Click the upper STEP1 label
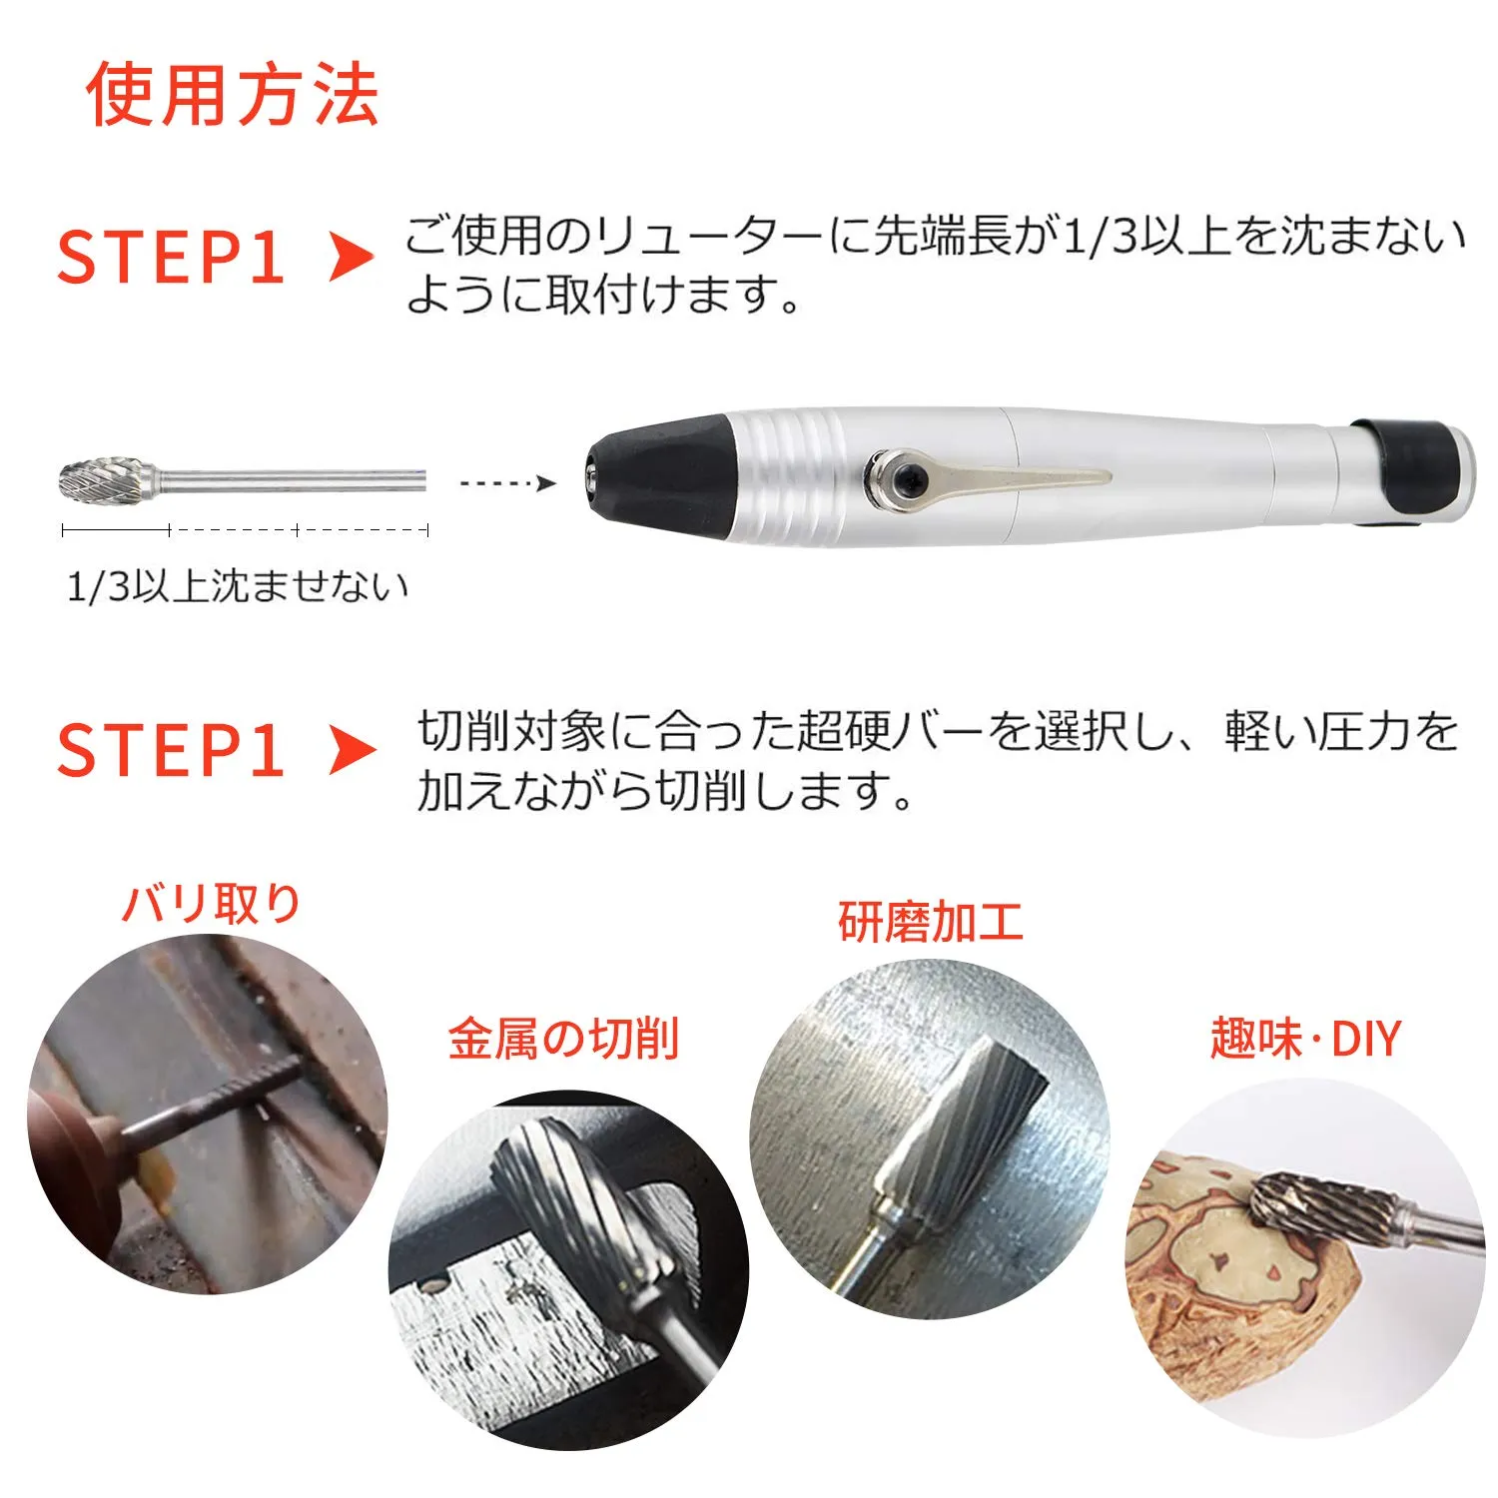[171, 258]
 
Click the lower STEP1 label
[171, 750]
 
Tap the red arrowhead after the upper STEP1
[352, 258]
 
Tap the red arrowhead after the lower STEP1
[352, 751]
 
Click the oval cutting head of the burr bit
[97, 482]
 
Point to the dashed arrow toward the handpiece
[507, 483]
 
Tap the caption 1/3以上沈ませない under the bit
[238, 586]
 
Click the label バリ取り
[211, 904]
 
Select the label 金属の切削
[563, 1039]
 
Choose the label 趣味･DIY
[1305, 1039]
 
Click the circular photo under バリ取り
[208, 1115]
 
